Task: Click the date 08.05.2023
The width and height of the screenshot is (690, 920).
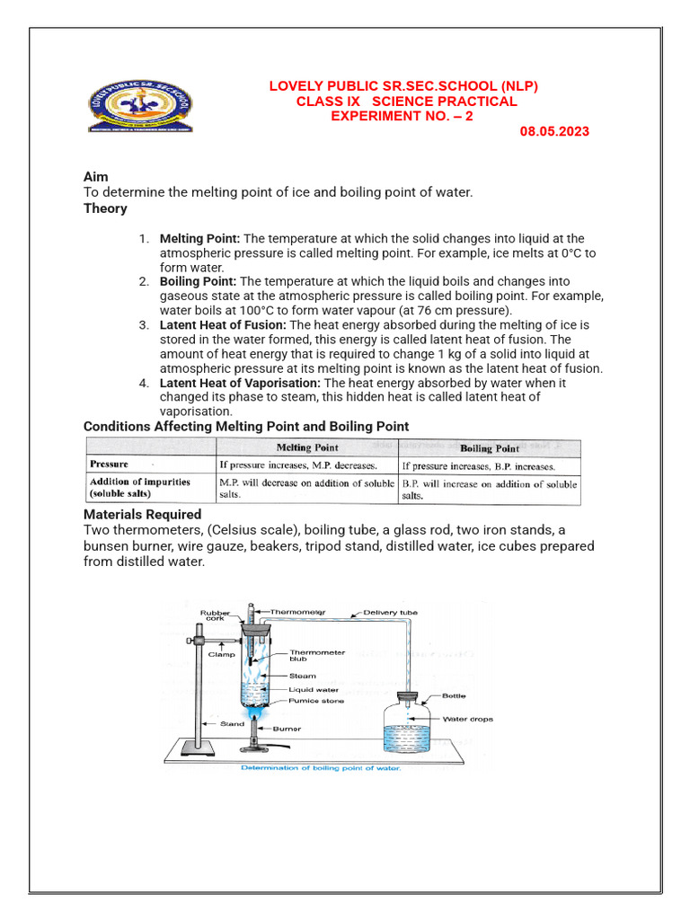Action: pyautogui.click(x=554, y=131)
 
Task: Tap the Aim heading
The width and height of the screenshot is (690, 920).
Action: pyautogui.click(x=96, y=177)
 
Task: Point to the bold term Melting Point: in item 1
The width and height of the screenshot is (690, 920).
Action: pyautogui.click(x=199, y=239)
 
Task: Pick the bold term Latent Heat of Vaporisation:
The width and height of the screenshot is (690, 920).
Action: pyautogui.click(x=240, y=383)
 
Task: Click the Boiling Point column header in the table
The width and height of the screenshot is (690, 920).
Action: pyautogui.click(x=489, y=448)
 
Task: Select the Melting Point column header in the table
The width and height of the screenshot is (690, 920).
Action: pyautogui.click(x=306, y=447)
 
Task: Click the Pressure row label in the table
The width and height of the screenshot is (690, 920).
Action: pyautogui.click(x=108, y=464)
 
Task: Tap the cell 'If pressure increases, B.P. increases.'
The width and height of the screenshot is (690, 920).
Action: pyautogui.click(x=478, y=466)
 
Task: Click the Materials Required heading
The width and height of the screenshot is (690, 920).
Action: pyautogui.click(x=142, y=515)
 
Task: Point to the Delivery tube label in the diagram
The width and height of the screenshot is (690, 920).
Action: pyautogui.click(x=390, y=613)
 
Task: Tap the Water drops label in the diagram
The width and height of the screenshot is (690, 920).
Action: pyautogui.click(x=468, y=720)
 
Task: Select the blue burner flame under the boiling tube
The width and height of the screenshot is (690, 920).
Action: pyautogui.click(x=254, y=717)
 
